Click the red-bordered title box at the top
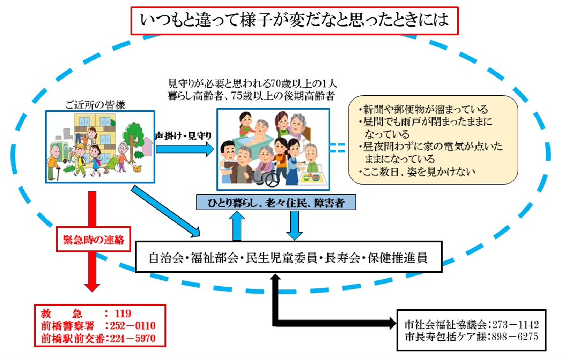coord(294,20)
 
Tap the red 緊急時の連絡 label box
coord(93,239)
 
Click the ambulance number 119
coord(123,313)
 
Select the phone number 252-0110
coord(133,325)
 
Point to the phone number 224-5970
coord(133,338)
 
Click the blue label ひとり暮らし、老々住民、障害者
coord(276,203)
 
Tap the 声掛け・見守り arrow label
coord(183,135)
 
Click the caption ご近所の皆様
coord(95,104)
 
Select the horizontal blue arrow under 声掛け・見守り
coord(184,149)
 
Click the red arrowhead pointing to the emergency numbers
coord(92,286)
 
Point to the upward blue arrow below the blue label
coord(237,226)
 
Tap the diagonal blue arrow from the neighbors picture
coord(165,212)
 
